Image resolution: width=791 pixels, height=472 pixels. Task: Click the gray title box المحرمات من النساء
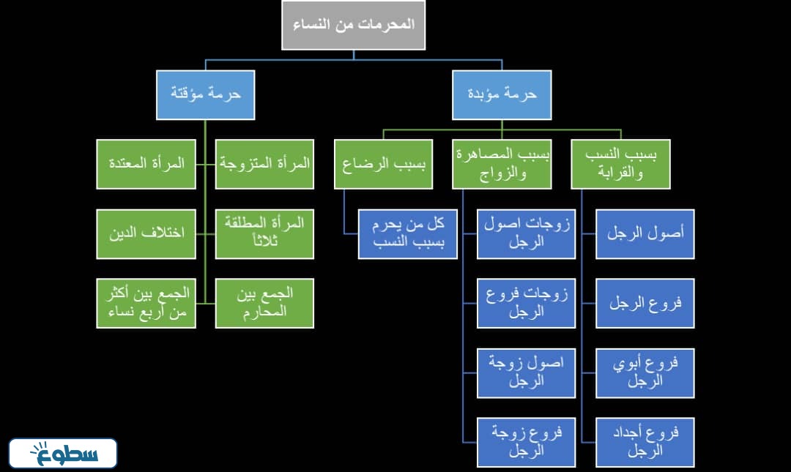click(353, 25)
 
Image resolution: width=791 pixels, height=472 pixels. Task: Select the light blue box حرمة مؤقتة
click(206, 94)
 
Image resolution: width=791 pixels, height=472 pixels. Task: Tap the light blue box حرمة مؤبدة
click(502, 94)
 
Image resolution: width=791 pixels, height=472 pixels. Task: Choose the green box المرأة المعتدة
click(146, 164)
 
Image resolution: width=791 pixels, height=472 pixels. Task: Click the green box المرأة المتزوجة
click(265, 164)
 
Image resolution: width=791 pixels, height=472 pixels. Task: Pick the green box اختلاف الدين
click(146, 233)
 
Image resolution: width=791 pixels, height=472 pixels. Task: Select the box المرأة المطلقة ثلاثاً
click(265, 233)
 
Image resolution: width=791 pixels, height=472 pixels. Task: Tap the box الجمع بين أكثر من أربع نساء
click(146, 303)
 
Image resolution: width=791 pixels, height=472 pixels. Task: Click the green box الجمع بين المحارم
click(265, 303)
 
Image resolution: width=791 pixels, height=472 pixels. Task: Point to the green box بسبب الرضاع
click(383, 164)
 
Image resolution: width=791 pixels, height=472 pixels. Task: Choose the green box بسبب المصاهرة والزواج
click(502, 164)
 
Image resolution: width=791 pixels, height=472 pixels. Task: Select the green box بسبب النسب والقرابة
click(621, 164)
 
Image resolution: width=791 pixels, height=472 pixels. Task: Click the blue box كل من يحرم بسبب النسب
click(408, 234)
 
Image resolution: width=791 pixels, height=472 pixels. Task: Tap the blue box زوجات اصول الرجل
click(526, 234)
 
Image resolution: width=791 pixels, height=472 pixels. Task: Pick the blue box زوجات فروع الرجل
click(526, 303)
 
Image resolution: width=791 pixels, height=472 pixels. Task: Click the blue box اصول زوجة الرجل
click(526, 372)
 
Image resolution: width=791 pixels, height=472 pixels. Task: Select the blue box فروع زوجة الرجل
click(526, 442)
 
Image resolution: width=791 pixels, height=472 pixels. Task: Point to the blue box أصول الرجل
click(645, 234)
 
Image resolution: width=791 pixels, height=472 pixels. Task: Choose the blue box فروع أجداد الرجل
click(645, 442)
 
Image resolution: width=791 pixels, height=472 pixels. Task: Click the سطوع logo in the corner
click(63, 454)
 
